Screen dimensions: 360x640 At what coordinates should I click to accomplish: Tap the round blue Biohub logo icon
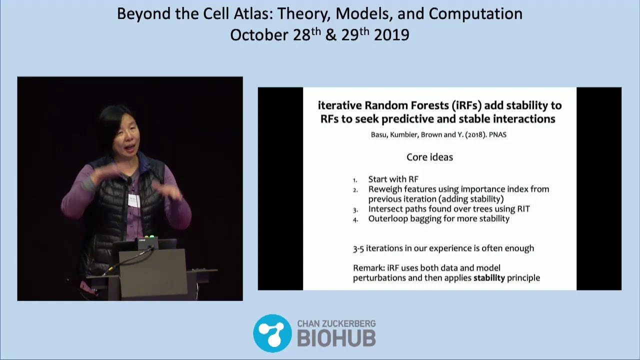[x=272, y=333]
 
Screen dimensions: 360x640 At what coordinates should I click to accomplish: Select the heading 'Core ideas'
[x=429, y=157]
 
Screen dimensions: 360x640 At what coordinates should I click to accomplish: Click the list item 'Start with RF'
[x=393, y=179]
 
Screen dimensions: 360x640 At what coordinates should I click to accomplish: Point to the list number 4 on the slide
[x=355, y=219]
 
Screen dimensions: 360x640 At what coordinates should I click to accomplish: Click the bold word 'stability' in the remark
[x=489, y=277]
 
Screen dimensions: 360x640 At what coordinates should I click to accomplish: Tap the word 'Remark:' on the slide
[x=368, y=268]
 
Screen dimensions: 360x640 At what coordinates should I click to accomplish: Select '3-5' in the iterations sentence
[x=358, y=248]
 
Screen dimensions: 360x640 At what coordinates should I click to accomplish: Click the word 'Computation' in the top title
[x=475, y=14]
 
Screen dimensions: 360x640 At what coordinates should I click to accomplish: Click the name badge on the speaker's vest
[x=134, y=200]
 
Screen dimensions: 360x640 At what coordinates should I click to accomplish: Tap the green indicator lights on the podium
[x=149, y=236]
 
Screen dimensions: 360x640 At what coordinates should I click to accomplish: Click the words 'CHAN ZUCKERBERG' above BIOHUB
[x=336, y=324]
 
